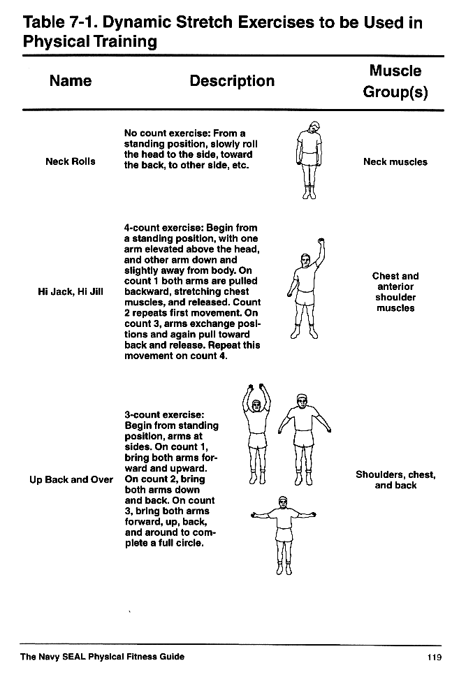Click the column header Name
click(71, 81)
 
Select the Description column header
click(232, 81)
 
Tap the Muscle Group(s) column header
click(395, 82)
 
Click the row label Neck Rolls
click(71, 161)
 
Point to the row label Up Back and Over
click(71, 480)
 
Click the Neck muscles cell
click(395, 161)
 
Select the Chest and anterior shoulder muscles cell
click(395, 292)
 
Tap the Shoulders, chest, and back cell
click(395, 480)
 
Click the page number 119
click(433, 657)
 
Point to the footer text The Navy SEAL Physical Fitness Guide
click(103, 657)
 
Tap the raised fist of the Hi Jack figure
click(321, 243)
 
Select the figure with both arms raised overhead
click(257, 433)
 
